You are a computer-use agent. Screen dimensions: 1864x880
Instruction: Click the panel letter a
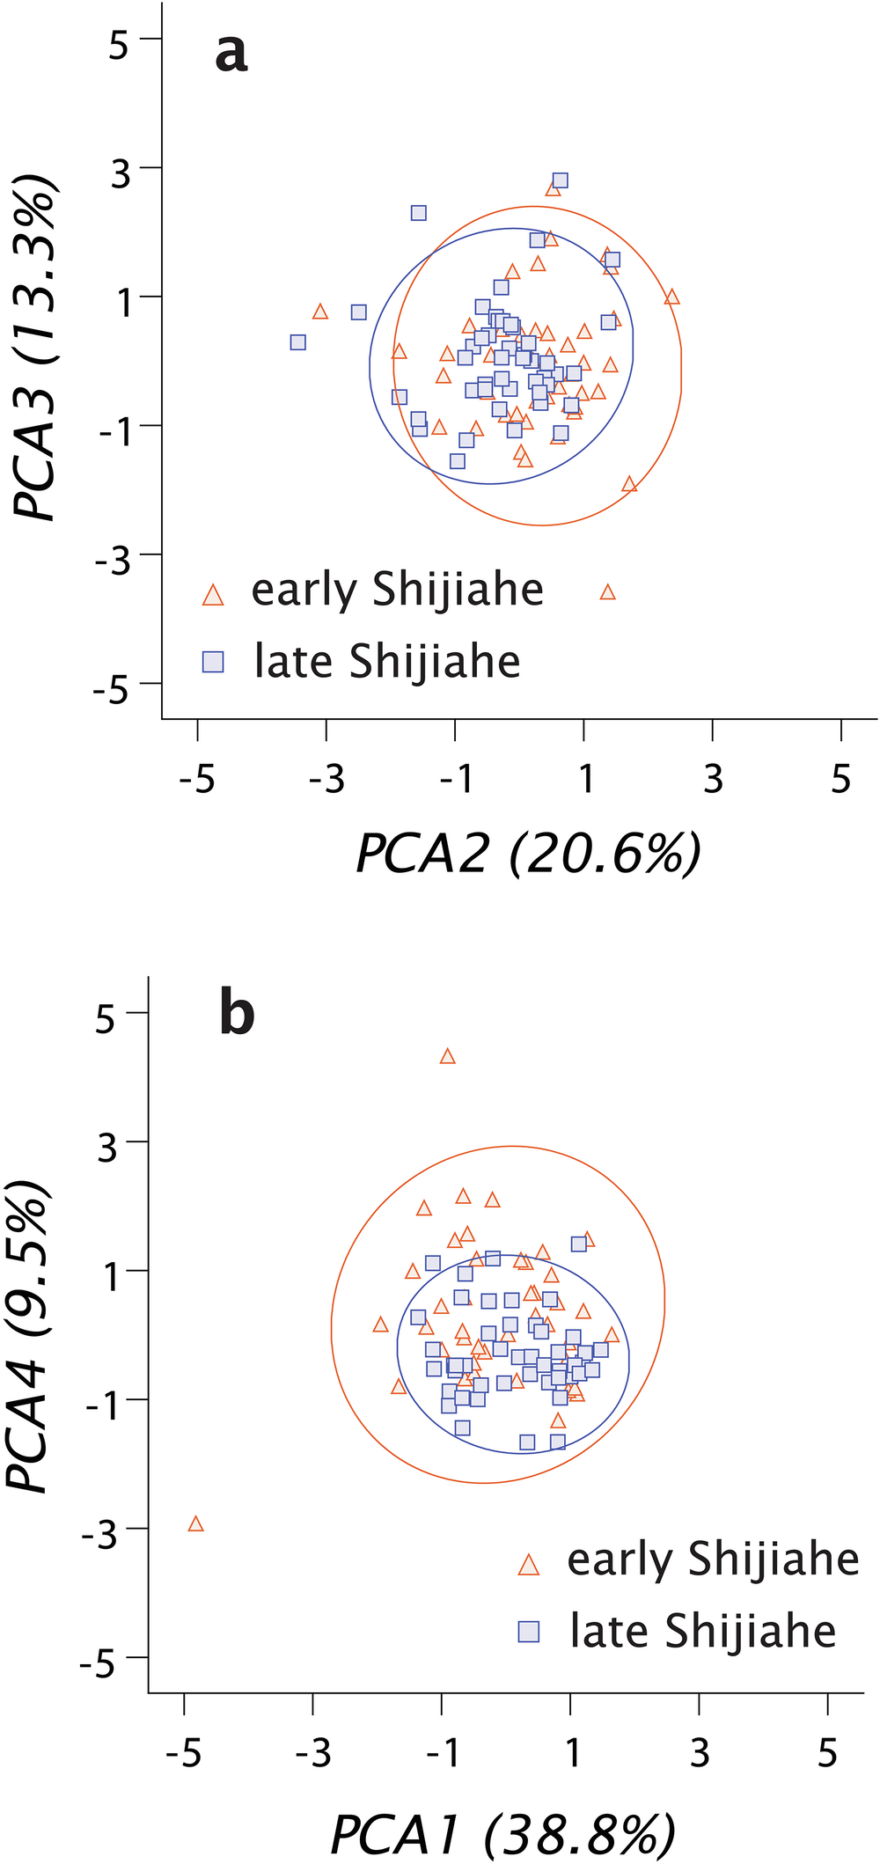(231, 55)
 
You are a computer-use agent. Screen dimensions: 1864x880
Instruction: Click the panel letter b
(237, 1015)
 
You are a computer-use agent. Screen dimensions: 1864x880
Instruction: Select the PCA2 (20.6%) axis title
(528, 853)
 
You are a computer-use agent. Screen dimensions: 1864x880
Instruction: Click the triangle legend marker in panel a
(213, 595)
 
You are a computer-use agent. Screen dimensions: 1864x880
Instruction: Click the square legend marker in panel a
(213, 662)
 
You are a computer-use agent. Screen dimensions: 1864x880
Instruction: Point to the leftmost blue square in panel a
(298, 341)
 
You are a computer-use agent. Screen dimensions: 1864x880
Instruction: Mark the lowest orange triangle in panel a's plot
(607, 592)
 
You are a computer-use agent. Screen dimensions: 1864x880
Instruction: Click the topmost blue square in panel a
(560, 180)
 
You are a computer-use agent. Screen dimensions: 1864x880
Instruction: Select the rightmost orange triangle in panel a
(672, 297)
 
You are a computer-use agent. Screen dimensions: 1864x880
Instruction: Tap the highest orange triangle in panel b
(447, 1056)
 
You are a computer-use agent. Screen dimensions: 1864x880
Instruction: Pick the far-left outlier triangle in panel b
(195, 1523)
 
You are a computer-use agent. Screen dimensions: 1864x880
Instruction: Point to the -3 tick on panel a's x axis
(326, 779)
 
